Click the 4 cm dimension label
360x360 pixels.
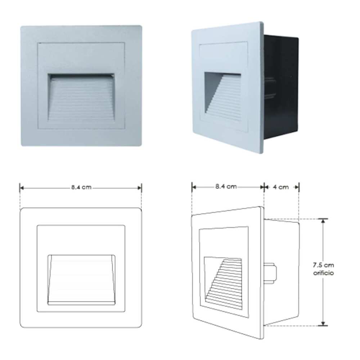281,187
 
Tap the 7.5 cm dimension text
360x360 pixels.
323,265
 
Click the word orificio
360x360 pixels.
323,273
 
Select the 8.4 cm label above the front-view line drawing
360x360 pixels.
81,188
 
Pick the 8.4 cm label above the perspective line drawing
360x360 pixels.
226,187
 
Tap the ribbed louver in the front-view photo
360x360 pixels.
82,99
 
